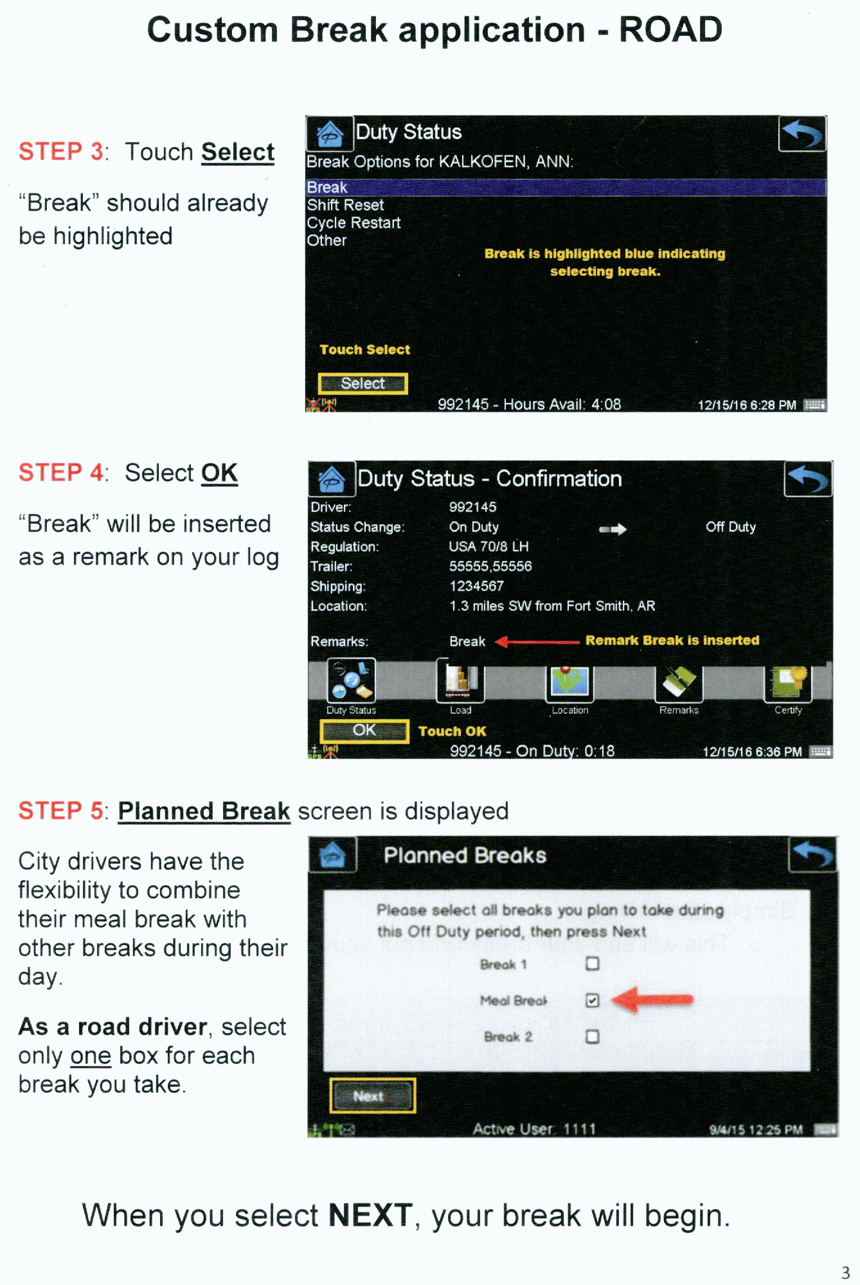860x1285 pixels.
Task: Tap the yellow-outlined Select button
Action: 363,384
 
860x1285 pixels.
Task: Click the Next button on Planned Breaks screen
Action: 372,1095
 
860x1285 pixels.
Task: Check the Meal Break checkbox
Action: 593,1000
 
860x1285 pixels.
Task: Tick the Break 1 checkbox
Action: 593,964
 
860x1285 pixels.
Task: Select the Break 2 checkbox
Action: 593,1036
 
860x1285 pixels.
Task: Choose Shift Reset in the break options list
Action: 345,205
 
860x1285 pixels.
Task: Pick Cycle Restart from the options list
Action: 354,223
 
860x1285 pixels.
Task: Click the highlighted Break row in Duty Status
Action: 566,187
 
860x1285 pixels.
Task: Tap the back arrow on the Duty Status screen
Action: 802,134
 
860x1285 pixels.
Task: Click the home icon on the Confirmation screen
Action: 332,479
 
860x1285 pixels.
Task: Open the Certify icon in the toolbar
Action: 788,684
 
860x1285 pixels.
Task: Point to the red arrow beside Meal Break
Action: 652,1000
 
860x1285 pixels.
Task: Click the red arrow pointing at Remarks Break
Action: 537,641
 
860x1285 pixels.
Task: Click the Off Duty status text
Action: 731,527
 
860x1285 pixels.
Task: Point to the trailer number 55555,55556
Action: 490,566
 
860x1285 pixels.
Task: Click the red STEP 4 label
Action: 61,473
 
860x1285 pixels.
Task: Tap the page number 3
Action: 845,1273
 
